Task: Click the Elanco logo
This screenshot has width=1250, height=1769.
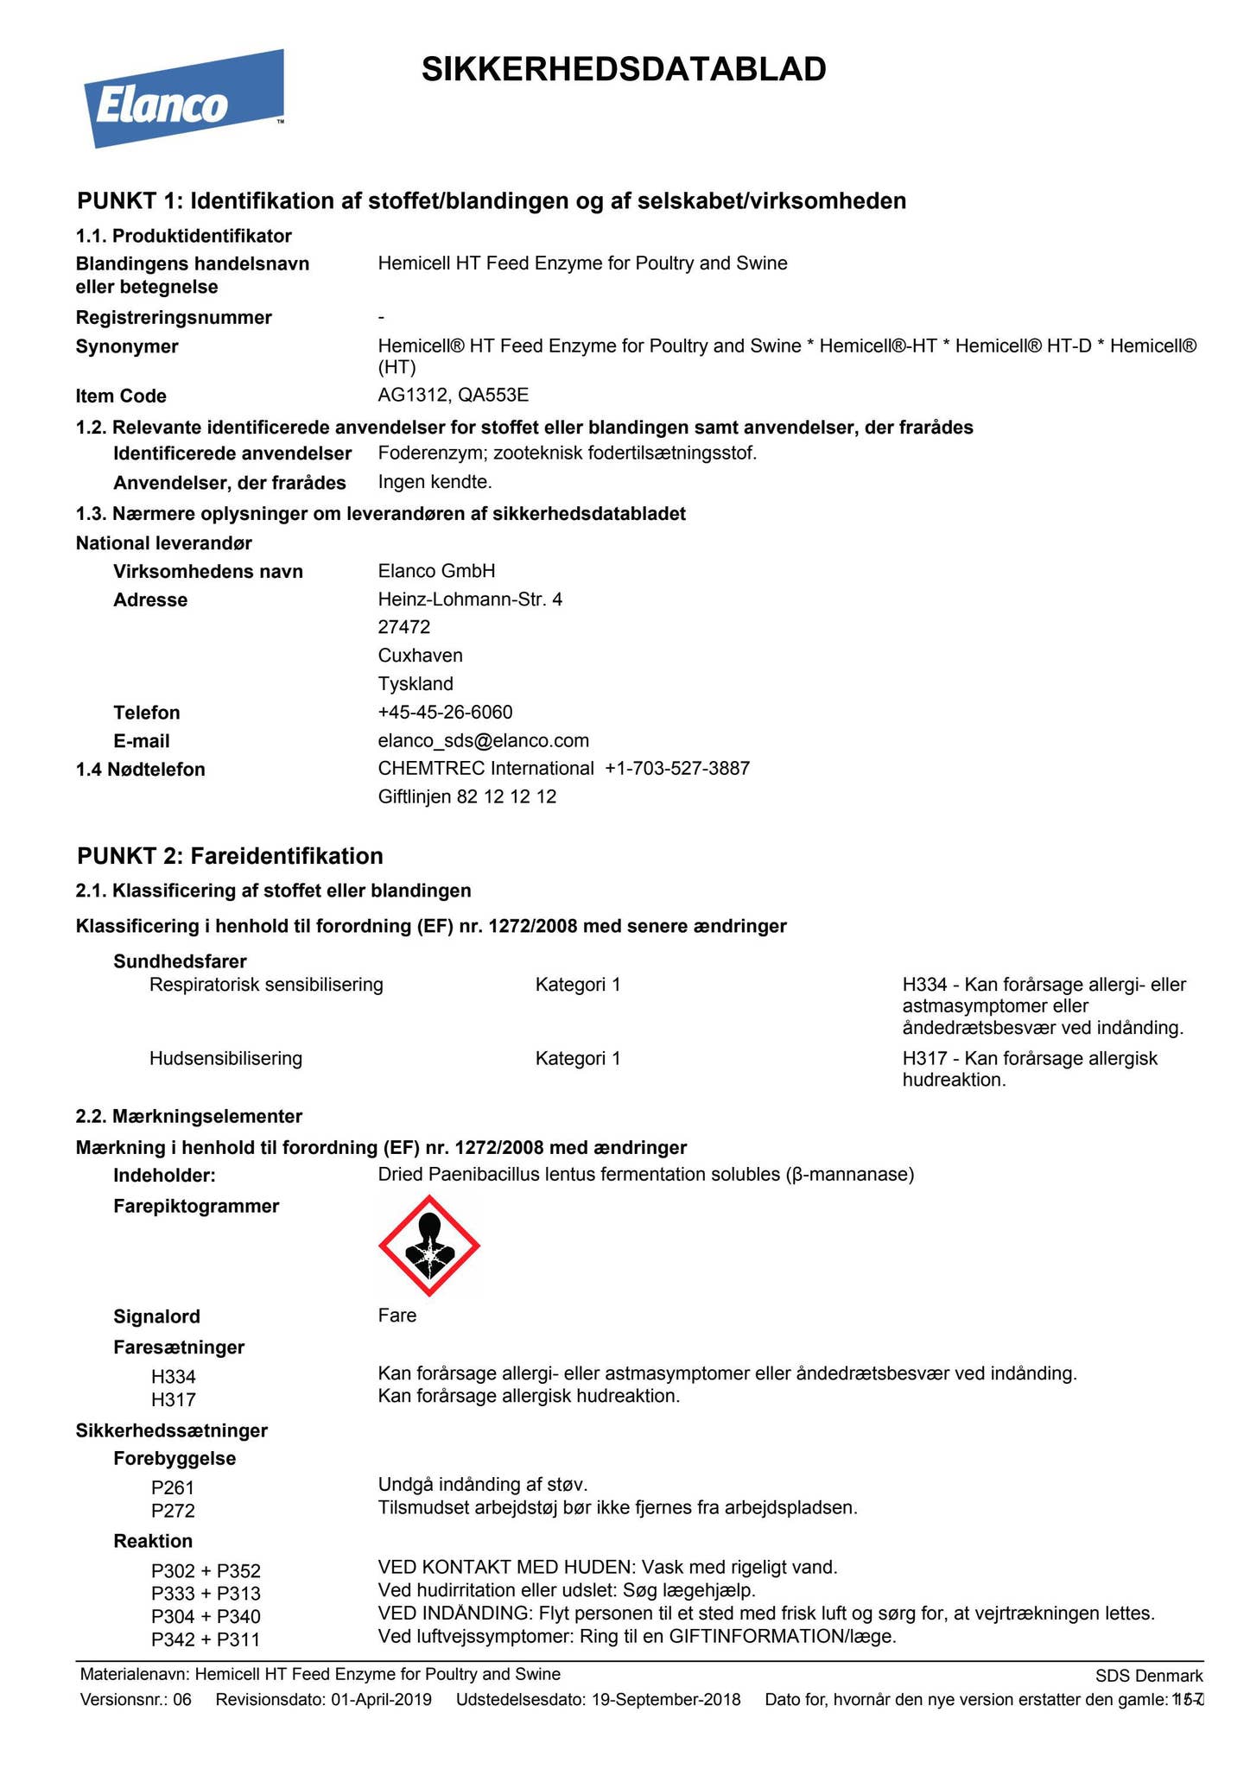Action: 183,99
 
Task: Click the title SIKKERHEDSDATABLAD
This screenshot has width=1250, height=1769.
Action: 624,69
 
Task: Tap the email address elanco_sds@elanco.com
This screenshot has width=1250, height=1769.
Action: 483,740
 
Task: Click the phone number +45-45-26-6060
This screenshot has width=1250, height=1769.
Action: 445,712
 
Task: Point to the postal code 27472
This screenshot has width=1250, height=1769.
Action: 403,626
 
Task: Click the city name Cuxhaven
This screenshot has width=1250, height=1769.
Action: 420,655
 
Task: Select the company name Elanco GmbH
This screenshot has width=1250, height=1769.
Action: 436,571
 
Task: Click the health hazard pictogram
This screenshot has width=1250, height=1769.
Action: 429,1246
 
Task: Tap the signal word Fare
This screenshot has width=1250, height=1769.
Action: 397,1316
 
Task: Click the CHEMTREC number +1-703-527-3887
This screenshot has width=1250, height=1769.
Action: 677,768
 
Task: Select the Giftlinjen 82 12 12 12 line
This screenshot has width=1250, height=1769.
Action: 466,796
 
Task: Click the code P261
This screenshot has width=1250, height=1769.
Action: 173,1487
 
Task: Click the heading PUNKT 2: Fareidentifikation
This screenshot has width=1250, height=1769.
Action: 230,856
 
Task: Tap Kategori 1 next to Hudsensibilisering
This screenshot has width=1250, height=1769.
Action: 577,1058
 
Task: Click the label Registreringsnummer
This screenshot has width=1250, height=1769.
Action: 174,318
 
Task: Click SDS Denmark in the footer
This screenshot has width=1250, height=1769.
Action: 1148,1677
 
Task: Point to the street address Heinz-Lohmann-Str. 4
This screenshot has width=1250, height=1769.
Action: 470,599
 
